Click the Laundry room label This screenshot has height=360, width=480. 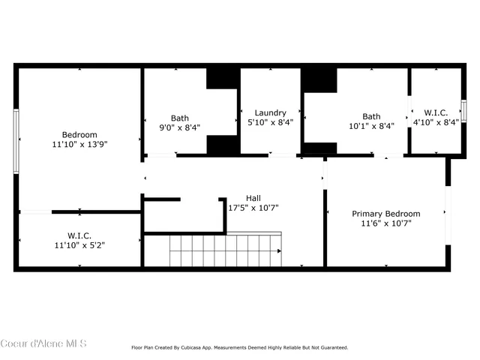pyautogui.click(x=270, y=112)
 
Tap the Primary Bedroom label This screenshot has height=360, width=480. pyautogui.click(x=386, y=214)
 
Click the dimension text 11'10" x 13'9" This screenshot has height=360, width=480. pyautogui.click(x=79, y=144)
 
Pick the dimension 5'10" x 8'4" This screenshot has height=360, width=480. pyautogui.click(x=270, y=122)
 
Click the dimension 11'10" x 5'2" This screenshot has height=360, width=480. pyautogui.click(x=79, y=244)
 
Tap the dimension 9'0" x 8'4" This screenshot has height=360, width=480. pyautogui.click(x=179, y=127)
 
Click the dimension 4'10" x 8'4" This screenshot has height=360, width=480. pyautogui.click(x=436, y=122)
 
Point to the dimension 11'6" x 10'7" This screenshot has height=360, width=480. pyautogui.click(x=386, y=223)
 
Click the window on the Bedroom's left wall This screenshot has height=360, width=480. pyautogui.click(x=16, y=142)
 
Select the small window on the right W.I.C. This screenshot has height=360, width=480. pyautogui.click(x=463, y=110)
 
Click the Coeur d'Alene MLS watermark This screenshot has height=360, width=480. pyautogui.click(x=43, y=343)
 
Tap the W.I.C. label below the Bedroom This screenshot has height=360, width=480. pyautogui.click(x=79, y=235)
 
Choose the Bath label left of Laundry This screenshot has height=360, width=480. pyautogui.click(x=179, y=118)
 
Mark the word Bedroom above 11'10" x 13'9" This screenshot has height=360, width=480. pyautogui.click(x=79, y=134)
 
